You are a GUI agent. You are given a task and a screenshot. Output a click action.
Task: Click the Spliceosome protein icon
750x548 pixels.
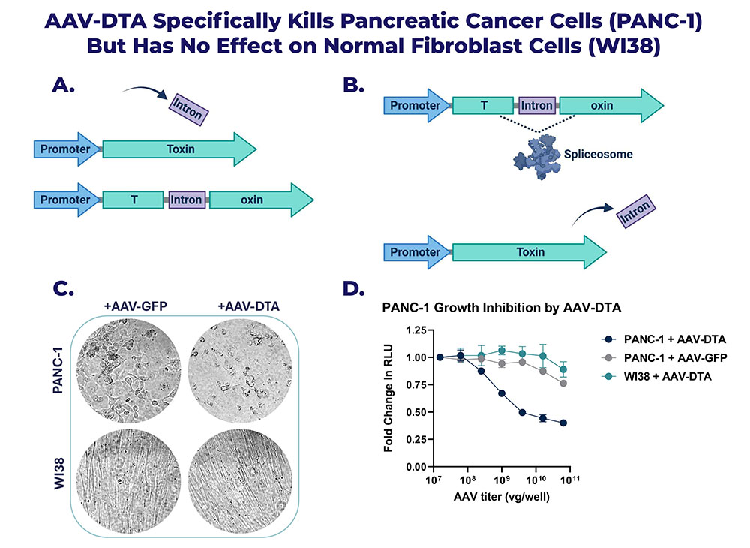pos(537,157)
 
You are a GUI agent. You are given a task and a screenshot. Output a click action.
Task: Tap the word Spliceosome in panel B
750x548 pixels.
pos(598,154)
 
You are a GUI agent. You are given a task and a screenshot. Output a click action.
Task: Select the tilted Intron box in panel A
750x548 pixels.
pos(189,110)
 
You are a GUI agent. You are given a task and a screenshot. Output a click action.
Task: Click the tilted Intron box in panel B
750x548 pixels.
pos(635,211)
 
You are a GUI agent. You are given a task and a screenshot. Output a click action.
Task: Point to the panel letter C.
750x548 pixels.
pos(63,288)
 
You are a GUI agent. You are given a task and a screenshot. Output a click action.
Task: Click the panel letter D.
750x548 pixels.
pos(354,288)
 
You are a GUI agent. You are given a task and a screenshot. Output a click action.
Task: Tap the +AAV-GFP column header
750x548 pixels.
pos(135,306)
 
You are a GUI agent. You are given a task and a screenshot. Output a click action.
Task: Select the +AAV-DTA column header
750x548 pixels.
pos(248,306)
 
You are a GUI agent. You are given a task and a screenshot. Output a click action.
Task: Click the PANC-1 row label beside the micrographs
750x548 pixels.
pos(58,370)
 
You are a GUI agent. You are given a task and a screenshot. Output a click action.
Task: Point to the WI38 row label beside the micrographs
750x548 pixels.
pos(58,474)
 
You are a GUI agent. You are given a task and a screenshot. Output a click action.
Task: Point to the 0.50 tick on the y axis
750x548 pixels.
pos(416,412)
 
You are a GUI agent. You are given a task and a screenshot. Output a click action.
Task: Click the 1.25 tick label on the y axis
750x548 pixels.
pos(416,330)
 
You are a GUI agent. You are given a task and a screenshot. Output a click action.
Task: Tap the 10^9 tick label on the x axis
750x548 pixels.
pos(501,480)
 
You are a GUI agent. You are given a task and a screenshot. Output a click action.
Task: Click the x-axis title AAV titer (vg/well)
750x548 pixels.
pos(501,497)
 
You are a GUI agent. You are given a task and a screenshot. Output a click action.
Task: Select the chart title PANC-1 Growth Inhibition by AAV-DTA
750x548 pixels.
pos(501,307)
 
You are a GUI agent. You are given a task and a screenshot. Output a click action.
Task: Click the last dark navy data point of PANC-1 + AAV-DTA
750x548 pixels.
pos(563,423)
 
